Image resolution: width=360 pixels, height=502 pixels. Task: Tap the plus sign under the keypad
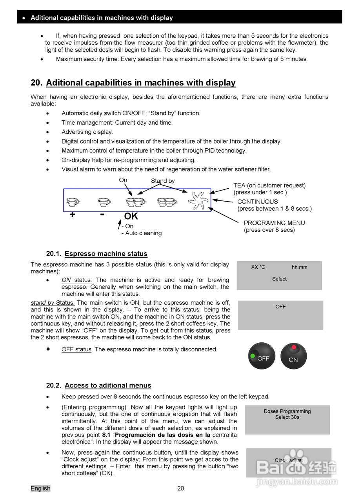72,215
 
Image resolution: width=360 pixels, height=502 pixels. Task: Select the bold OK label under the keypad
131,216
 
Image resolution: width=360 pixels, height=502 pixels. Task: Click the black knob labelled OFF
262,356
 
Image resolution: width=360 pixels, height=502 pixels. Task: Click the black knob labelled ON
294,356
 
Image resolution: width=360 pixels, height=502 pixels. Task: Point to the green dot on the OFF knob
252,356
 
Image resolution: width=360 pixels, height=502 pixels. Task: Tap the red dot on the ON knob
294,347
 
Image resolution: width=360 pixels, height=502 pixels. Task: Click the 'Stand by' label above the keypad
163,181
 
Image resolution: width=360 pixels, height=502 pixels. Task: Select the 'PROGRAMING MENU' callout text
274,223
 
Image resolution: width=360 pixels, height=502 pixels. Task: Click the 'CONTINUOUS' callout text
257,202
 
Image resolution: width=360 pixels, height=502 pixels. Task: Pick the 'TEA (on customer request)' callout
269,185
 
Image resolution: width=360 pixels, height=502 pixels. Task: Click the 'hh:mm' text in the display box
299,267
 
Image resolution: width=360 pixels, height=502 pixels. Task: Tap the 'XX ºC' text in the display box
258,267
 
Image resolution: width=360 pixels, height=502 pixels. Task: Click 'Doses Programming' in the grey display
287,411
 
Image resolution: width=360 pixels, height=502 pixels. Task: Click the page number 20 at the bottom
180,488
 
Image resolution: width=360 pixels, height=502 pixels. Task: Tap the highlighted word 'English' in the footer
40,488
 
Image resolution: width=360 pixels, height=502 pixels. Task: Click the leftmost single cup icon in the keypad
73,202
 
